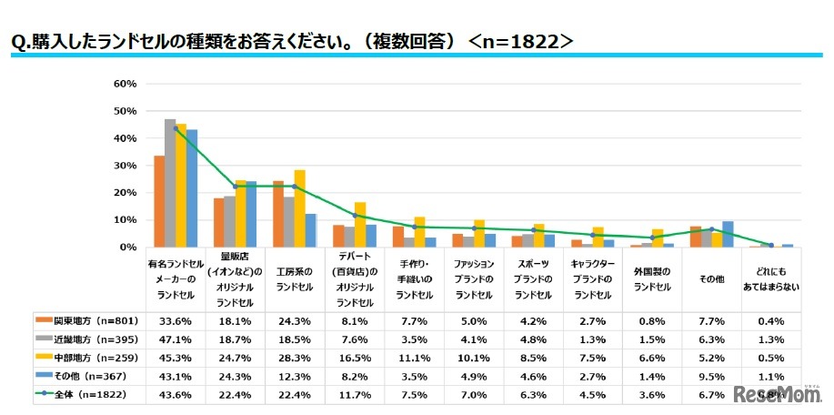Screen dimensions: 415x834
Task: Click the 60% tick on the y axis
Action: (x=125, y=84)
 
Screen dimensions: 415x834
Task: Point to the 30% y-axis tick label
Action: (x=125, y=166)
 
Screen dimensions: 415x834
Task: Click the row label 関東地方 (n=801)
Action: (x=81, y=319)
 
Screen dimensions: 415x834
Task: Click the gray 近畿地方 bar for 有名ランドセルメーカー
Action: (x=170, y=183)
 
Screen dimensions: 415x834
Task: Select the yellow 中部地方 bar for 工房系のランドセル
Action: (x=299, y=208)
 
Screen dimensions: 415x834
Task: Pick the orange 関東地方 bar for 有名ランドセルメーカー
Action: (x=159, y=201)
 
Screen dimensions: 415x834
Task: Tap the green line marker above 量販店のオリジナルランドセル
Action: (x=235, y=186)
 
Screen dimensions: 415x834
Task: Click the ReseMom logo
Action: (x=779, y=395)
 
